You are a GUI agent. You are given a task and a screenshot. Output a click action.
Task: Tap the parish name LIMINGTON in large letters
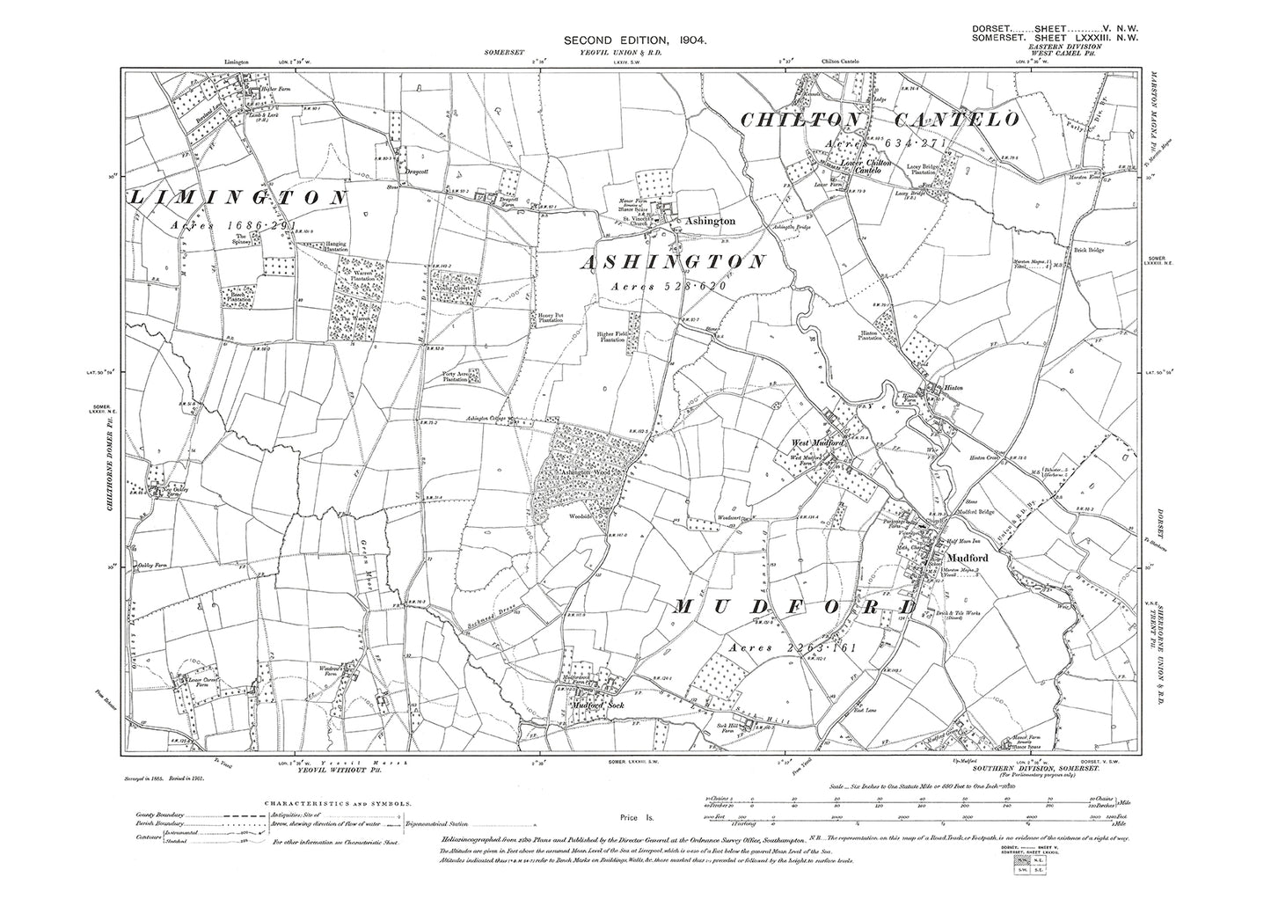[x=238, y=199]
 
